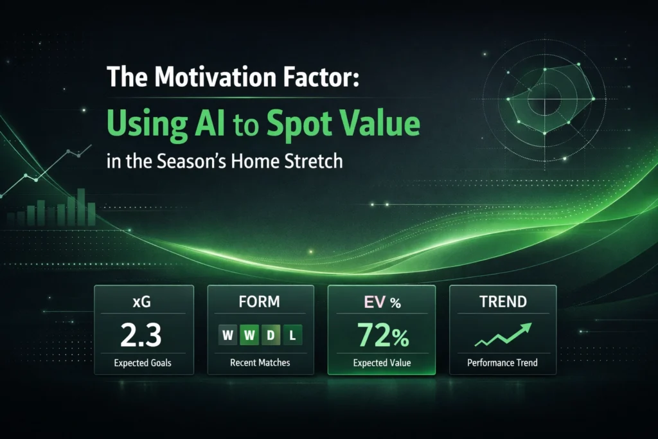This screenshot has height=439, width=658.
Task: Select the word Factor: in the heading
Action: click(321, 76)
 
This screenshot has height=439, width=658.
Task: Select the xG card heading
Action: click(142, 301)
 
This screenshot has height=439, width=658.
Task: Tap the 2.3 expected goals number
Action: click(141, 334)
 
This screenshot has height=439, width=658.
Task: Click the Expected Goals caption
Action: click(143, 363)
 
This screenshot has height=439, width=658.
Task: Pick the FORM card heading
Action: click(260, 301)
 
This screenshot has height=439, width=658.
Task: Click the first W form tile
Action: click(228, 335)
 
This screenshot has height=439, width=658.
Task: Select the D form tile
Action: click(271, 335)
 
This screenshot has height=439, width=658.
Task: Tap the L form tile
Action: click(292, 335)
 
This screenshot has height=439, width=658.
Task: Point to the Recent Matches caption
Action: click(260, 363)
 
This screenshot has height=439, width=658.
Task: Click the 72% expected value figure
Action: click(383, 336)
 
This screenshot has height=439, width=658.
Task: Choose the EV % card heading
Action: click(382, 302)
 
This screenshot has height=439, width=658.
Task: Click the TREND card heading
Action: click(503, 301)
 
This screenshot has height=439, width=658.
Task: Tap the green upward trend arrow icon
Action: click(503, 334)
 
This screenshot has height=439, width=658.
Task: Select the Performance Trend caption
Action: click(502, 363)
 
